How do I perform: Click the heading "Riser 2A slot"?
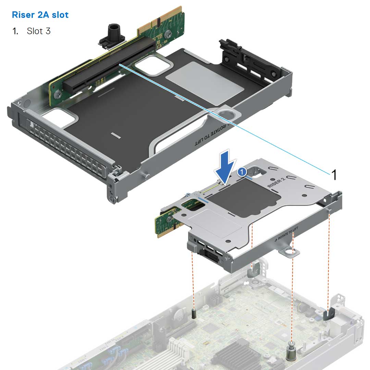(x=40, y=15)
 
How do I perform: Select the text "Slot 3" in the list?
(x=39, y=31)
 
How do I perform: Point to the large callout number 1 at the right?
(x=333, y=175)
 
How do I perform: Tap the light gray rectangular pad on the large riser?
(x=205, y=82)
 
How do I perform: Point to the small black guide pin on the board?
(x=194, y=313)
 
